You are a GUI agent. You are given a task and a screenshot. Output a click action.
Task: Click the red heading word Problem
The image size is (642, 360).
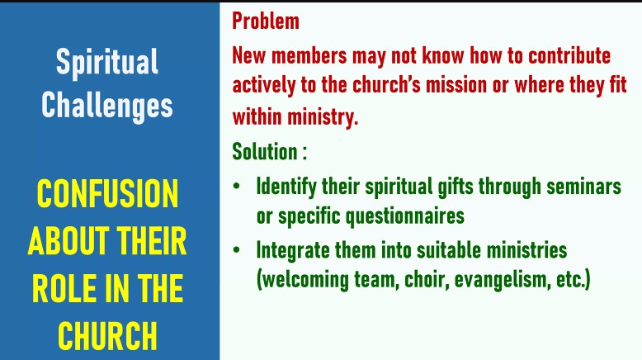point(266,21)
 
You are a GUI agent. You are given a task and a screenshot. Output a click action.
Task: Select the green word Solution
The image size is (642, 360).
point(265,152)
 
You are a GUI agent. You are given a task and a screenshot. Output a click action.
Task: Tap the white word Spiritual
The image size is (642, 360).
point(107,62)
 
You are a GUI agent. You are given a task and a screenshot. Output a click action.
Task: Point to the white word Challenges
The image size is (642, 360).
point(107,106)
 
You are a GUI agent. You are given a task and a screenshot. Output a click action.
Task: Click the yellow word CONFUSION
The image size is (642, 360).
point(107,194)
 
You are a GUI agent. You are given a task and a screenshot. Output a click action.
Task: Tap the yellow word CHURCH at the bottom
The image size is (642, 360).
point(107,336)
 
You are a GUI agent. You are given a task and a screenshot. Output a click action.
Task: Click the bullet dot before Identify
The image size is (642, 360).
point(236,187)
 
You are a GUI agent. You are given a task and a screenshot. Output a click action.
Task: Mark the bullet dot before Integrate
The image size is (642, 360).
point(236,250)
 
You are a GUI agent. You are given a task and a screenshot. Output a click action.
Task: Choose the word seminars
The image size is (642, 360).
point(583,187)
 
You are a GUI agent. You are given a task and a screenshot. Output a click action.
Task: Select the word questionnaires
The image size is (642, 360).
point(405,216)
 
